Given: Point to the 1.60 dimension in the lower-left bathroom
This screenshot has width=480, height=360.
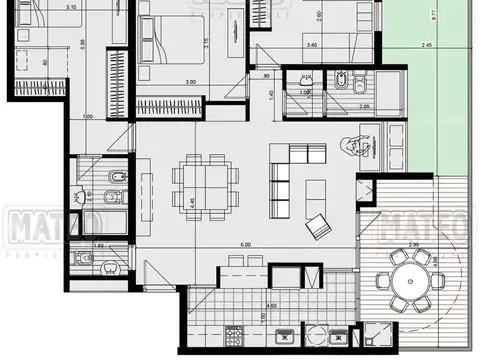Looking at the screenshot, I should pos(99,244).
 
